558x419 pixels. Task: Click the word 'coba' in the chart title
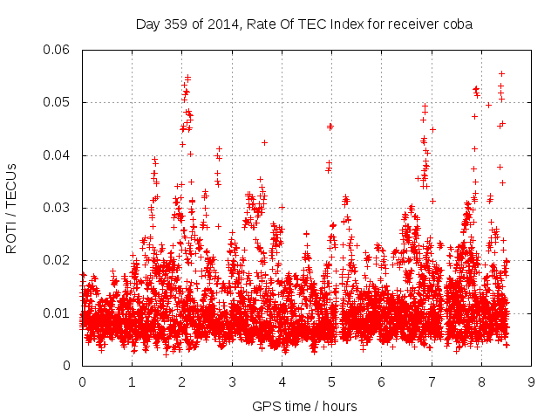click(457, 24)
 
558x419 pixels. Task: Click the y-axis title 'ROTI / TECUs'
click(11, 208)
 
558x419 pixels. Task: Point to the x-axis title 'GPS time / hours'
click(304, 406)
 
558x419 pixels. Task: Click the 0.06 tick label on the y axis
click(58, 50)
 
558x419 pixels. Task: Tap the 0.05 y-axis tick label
click(58, 102)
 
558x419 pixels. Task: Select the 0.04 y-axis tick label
click(58, 155)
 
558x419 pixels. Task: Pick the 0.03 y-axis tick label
click(58, 208)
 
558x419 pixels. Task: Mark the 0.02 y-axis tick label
click(58, 260)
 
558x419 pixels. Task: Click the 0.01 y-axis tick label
click(58, 313)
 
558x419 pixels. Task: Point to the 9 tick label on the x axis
click(531, 381)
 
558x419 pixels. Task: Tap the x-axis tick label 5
click(331, 381)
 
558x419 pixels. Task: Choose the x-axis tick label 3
click(232, 381)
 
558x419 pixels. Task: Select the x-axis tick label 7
click(432, 381)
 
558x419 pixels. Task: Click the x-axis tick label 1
click(132, 381)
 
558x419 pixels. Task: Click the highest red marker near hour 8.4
click(501, 73)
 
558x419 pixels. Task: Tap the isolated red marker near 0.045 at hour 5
click(330, 127)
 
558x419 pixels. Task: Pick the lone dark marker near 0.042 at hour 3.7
click(264, 142)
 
